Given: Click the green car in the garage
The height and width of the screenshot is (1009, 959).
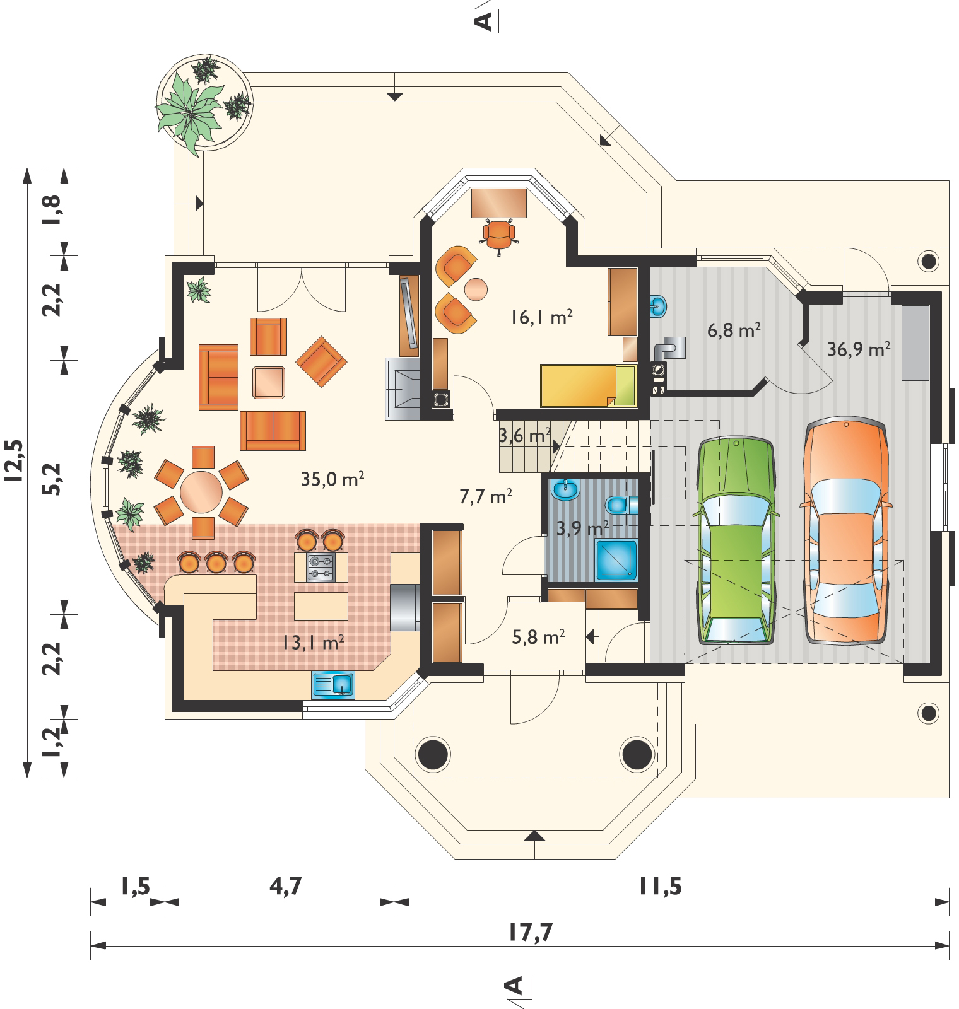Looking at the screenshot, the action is (x=736, y=540).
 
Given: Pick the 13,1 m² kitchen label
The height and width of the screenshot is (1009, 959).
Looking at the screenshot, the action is (x=313, y=643).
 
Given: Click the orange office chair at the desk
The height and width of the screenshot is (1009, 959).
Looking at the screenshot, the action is (x=500, y=234).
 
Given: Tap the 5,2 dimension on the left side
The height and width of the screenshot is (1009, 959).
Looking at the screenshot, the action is (x=53, y=479).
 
